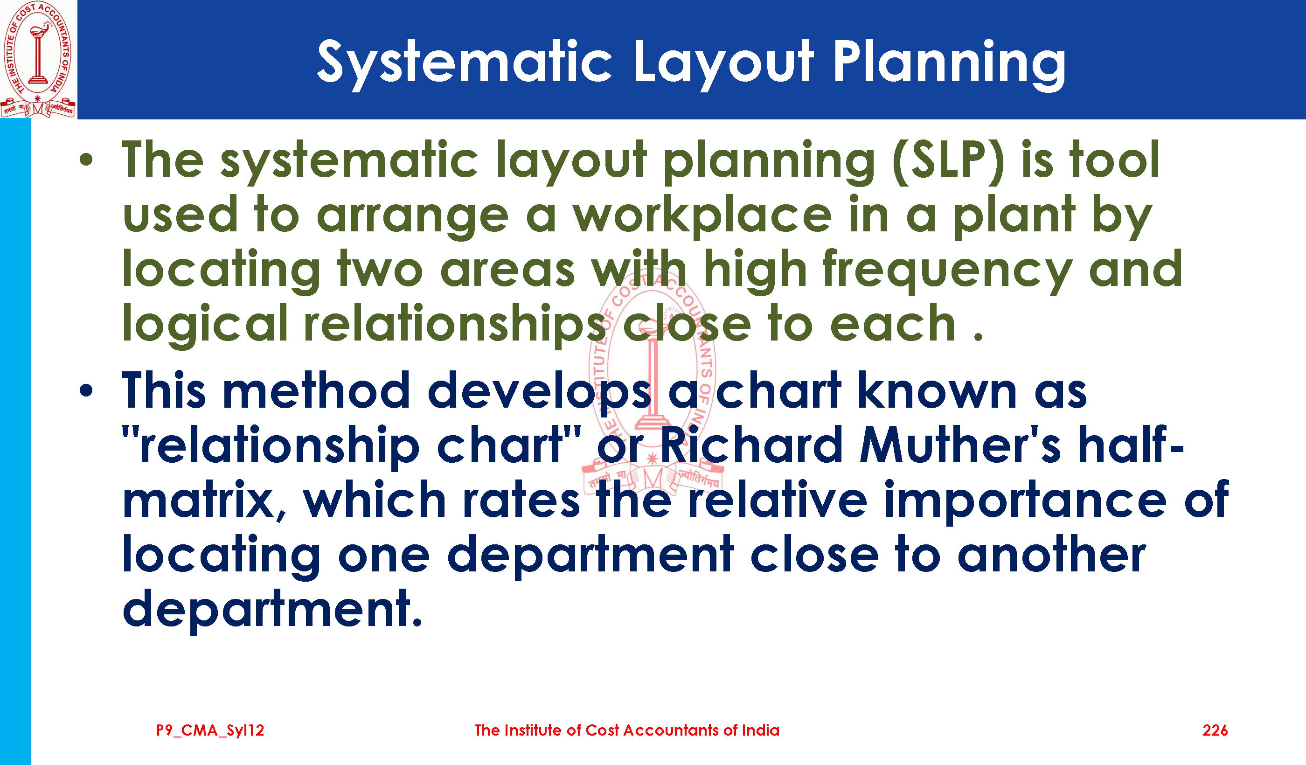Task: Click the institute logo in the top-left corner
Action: pyautogui.click(x=38, y=59)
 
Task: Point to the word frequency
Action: pyautogui.click(x=947, y=271)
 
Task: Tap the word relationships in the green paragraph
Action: pyautogui.click(x=454, y=326)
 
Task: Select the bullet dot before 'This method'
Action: pyautogui.click(x=87, y=391)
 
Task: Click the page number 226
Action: pyautogui.click(x=1215, y=730)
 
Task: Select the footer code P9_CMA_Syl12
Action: pyautogui.click(x=210, y=731)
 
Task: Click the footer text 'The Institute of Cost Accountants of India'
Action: pyautogui.click(x=627, y=730)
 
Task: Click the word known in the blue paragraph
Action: pyautogui.click(x=938, y=390)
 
